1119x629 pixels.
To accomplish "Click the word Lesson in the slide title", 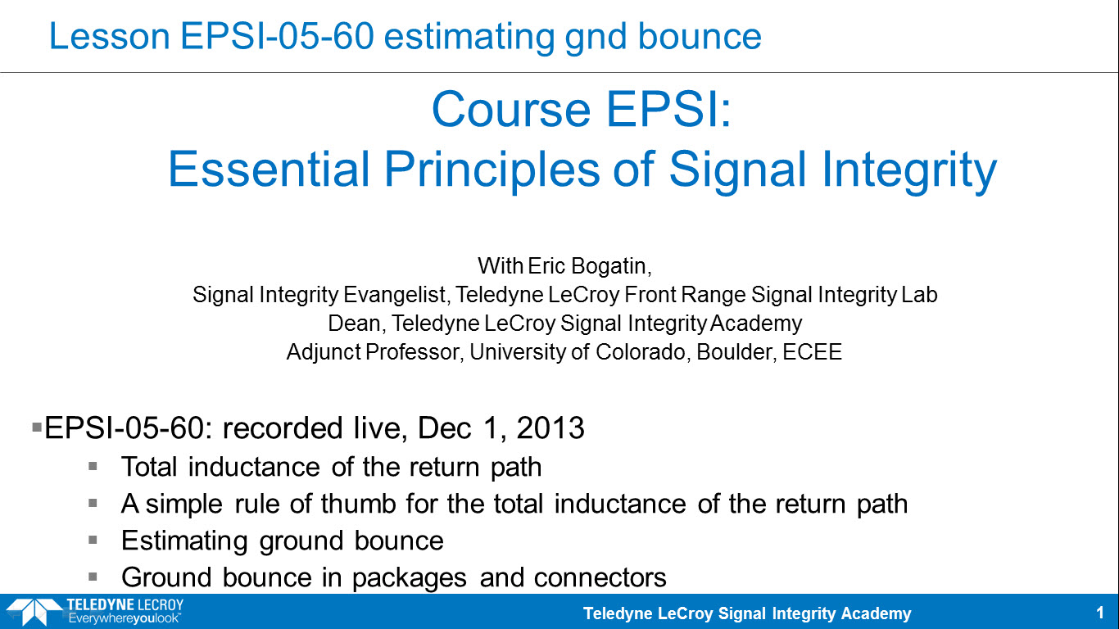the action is pos(110,36).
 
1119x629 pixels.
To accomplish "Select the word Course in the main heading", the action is pos(511,110).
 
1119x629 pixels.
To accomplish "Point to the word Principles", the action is pos(492,171).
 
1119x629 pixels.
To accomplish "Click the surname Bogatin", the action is pos(611,266).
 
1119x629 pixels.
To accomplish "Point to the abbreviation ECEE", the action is pos(812,351).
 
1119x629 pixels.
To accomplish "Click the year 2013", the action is pos(550,428).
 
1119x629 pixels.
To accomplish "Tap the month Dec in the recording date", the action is pos(444,428).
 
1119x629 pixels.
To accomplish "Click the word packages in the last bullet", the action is pos(409,578).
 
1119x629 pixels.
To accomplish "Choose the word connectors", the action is pos(600,577).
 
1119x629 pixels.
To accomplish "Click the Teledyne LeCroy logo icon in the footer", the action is pos(33,612).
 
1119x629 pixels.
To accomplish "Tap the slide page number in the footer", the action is pos(1100,613).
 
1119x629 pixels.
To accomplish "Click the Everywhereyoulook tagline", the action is pos(125,618).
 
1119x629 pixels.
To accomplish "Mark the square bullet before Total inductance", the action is pos(93,467).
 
